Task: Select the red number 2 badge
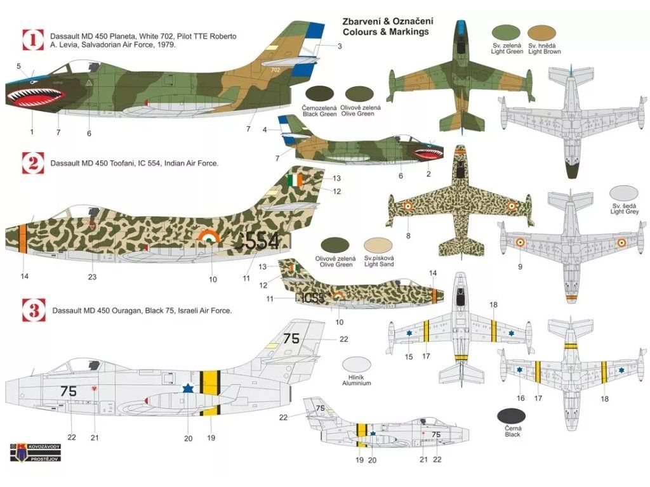coord(32,163)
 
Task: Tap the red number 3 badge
coord(32,310)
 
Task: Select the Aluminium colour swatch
coord(356,364)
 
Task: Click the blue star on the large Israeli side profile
coord(187,387)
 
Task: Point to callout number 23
coord(93,276)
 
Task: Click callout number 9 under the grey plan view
coord(520,267)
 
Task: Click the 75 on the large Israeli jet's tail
coord(291,339)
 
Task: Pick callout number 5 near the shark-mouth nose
coord(18,66)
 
